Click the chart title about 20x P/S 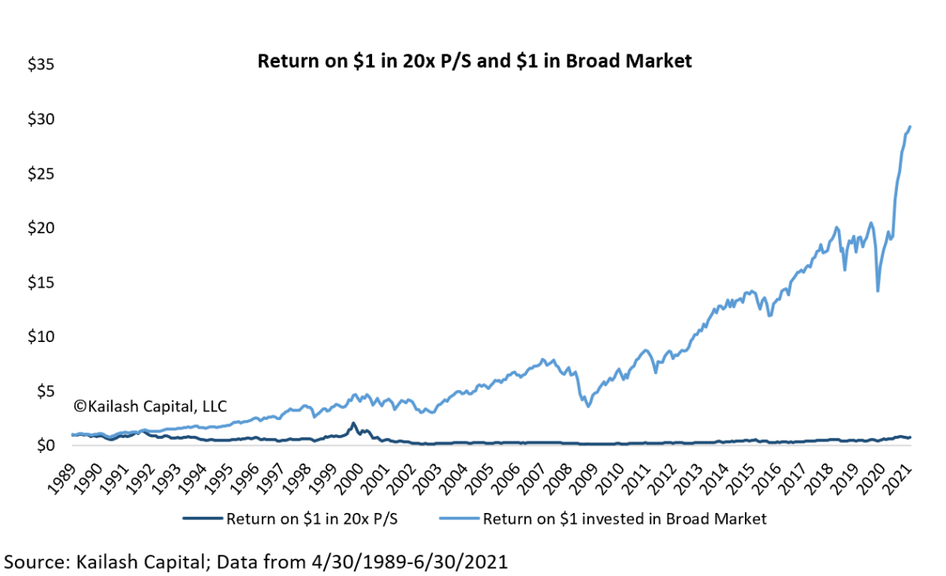[475, 61]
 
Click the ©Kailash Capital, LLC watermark [150, 407]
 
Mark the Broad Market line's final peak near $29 [910, 127]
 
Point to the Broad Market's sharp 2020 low [877, 291]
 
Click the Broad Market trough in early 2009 [587, 406]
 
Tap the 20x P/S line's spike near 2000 [353, 423]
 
